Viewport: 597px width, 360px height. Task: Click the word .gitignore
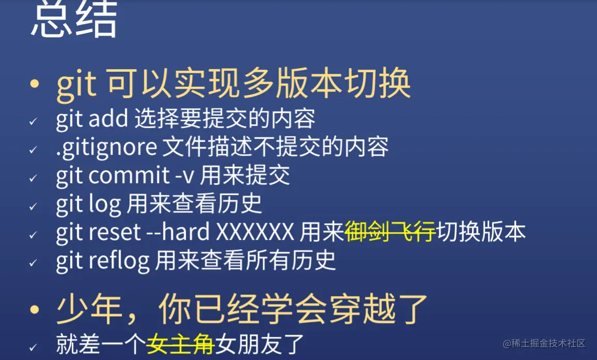coord(106,148)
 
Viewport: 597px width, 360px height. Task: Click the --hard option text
coord(179,233)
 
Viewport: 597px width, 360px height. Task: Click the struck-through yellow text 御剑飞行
coord(390,233)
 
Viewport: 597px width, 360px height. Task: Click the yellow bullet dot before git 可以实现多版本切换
coord(35,84)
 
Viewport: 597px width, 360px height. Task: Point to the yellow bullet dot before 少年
coord(35,309)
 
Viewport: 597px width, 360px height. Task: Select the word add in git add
coord(108,120)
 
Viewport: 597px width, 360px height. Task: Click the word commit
coord(128,176)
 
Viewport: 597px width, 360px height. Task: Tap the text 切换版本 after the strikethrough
coord(481,233)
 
